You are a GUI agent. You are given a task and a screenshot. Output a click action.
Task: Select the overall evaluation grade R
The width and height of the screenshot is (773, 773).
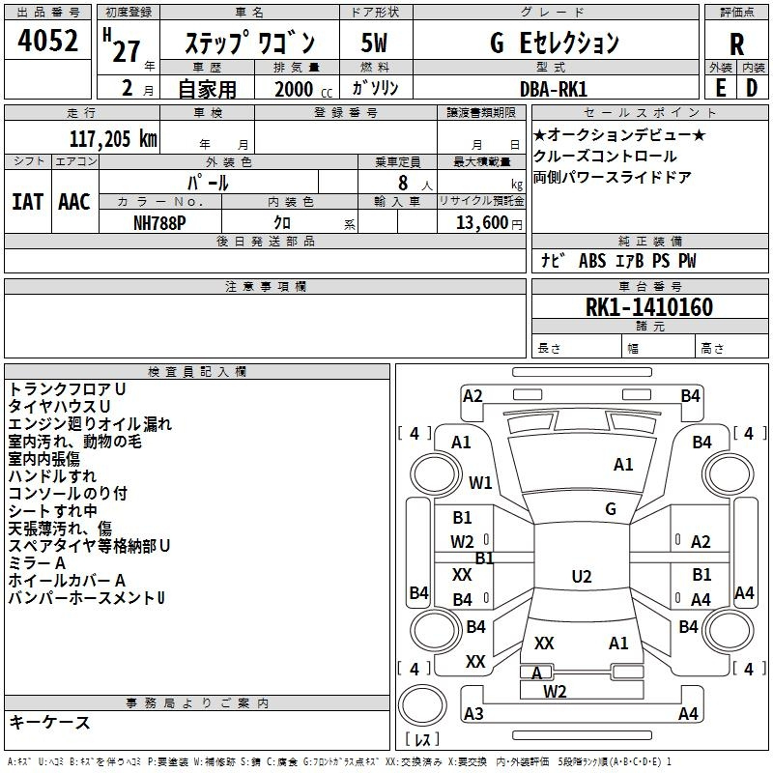point(736,43)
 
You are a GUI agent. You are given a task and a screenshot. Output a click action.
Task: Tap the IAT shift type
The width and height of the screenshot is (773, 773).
point(28,202)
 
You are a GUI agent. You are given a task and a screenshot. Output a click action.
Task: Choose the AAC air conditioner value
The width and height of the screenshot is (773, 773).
point(73,202)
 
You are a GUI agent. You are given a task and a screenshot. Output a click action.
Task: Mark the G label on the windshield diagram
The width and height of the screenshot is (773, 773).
point(610,508)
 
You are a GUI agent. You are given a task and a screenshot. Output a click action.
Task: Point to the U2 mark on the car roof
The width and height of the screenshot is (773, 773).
point(581,577)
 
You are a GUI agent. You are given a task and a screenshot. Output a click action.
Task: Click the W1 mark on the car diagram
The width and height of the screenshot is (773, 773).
point(480,482)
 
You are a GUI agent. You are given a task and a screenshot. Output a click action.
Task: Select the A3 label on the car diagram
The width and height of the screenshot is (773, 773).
point(473,714)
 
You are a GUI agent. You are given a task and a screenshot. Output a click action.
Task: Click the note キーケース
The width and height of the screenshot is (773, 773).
point(50,723)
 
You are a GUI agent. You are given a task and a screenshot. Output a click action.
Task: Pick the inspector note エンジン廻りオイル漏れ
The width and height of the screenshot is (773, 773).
point(90,424)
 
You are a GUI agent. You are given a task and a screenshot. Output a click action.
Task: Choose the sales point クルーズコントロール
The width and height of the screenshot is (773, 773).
point(605,157)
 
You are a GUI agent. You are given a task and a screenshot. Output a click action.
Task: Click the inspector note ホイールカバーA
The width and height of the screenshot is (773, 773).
point(68,581)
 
